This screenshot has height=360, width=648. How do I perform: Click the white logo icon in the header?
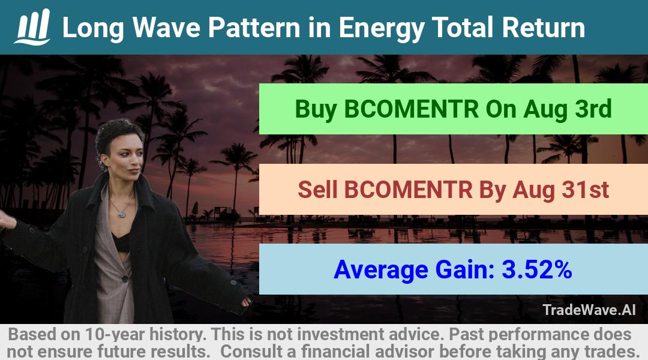click(32, 26)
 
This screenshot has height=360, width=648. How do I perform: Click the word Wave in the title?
click(166, 27)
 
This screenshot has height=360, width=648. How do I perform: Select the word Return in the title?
click(544, 27)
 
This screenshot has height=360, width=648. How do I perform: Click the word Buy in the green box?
click(316, 110)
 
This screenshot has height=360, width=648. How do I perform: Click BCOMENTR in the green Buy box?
click(411, 109)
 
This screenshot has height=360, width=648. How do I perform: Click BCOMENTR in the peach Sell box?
click(409, 190)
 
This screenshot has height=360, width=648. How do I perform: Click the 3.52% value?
click(537, 269)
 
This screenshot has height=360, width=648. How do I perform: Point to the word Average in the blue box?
click(381, 270)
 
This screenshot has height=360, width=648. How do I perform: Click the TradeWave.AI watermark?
click(589, 310)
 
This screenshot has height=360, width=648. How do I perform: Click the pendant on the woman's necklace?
click(121, 214)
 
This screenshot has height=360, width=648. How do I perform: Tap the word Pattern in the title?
click(254, 27)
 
